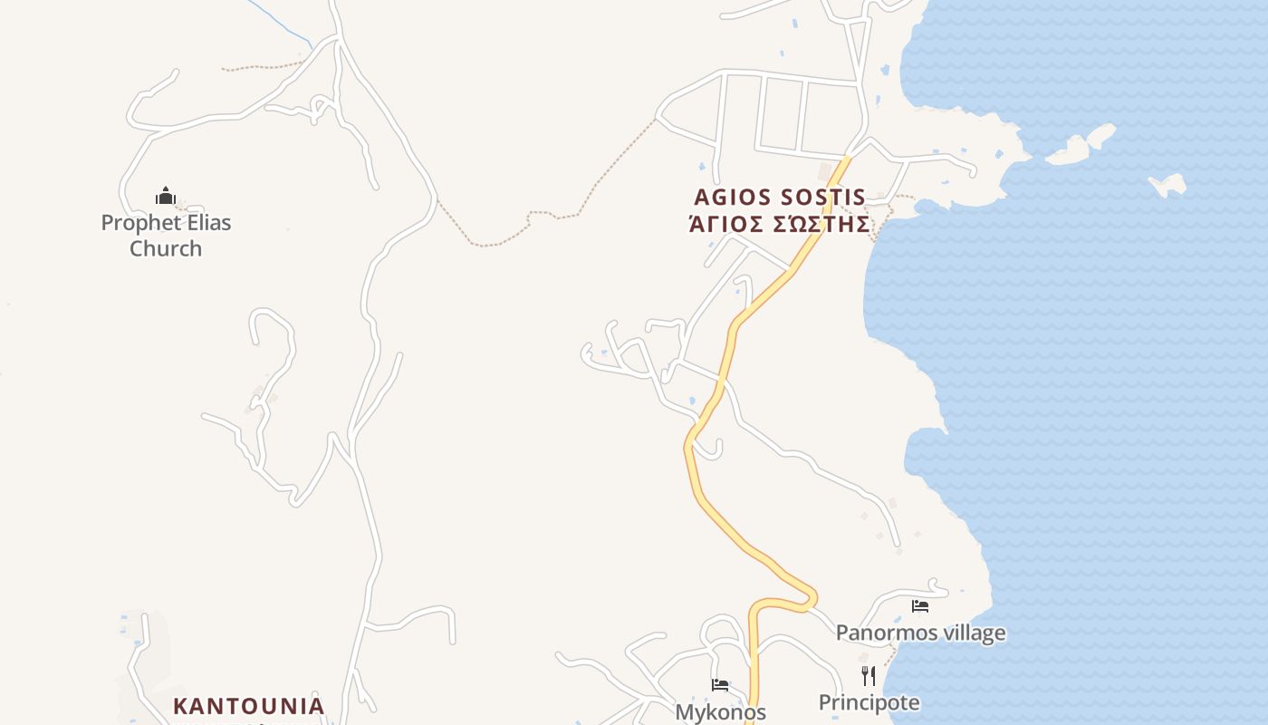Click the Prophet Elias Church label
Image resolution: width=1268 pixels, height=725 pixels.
(x=166, y=235)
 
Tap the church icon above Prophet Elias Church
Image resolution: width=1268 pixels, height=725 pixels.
(x=165, y=196)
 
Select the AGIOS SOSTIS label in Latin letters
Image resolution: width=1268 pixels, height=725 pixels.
(x=780, y=198)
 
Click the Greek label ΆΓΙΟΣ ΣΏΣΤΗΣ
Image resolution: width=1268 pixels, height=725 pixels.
(x=780, y=224)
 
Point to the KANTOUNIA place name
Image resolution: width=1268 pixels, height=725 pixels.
(x=248, y=706)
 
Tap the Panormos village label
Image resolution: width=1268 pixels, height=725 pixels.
(x=920, y=633)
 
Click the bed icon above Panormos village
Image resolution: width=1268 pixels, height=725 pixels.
(x=920, y=606)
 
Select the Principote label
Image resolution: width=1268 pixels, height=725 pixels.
(x=869, y=702)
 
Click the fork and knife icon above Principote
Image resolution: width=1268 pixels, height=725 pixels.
(x=869, y=676)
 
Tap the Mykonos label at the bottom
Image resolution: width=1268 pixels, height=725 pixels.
(x=720, y=711)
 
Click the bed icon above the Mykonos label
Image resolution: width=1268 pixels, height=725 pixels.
(x=720, y=685)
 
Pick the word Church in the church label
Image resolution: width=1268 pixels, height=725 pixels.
(x=166, y=248)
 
